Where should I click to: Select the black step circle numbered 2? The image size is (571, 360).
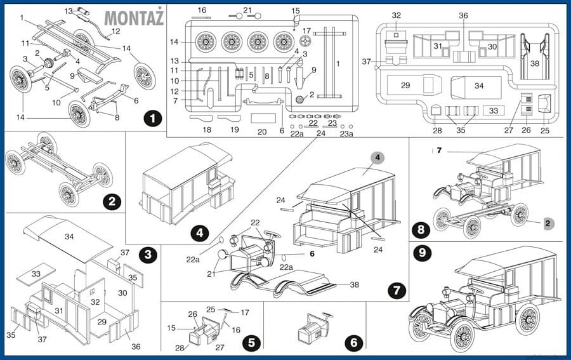pos(112,202)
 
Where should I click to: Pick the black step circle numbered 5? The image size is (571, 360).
pos(251,343)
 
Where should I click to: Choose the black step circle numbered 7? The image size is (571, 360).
pos(396,290)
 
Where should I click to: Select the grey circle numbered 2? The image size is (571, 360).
pos(549,223)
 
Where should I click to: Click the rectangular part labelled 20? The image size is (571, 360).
pos(263,118)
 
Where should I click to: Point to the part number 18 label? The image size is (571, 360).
pos(206,130)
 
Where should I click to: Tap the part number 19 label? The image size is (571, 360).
pos(234,130)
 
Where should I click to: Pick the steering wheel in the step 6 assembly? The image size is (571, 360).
pos(328,316)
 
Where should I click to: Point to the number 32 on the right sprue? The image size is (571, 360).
pos(397,15)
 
